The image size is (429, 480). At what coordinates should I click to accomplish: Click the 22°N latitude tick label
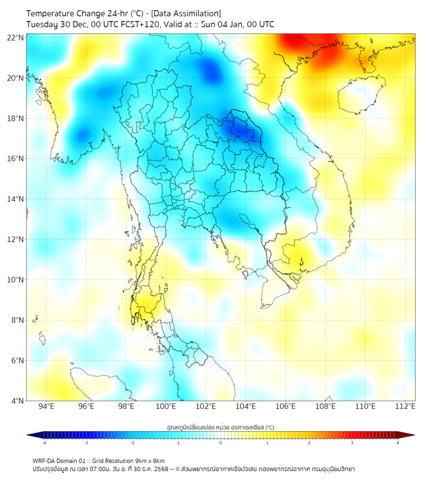pyautogui.click(x=16, y=37)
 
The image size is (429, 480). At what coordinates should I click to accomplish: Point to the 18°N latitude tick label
pyautogui.click(x=16, y=119)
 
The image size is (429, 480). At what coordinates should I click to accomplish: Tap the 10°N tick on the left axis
pyautogui.click(x=16, y=280)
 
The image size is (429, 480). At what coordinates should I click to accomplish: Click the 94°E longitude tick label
pyautogui.click(x=46, y=406)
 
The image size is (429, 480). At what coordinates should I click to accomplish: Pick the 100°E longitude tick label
pyautogui.click(x=166, y=406)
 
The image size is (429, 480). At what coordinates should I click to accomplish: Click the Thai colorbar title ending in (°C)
pyautogui.click(x=220, y=427)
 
